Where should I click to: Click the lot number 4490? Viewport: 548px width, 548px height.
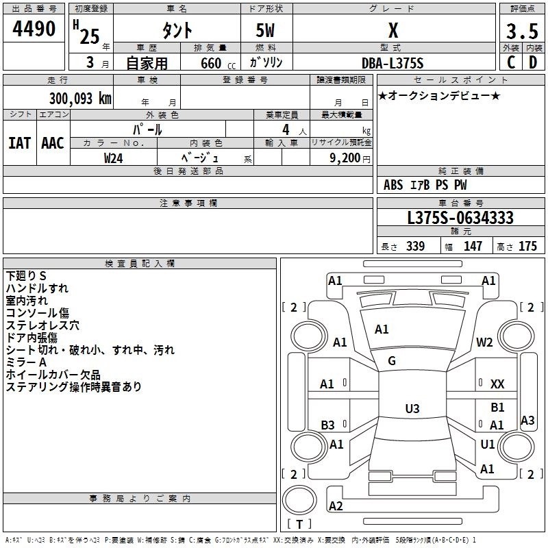click(34, 29)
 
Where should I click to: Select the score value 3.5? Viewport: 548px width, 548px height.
click(522, 31)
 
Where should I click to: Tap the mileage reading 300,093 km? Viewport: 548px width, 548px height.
click(80, 99)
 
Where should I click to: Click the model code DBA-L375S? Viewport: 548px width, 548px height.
click(393, 63)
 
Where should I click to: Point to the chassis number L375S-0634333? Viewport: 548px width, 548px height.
click(460, 218)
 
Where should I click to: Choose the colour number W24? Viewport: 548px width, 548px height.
click(113, 158)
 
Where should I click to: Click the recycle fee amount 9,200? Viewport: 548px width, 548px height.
click(345, 158)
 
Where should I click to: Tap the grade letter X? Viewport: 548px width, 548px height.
click(393, 30)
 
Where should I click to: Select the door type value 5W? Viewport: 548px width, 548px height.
click(265, 30)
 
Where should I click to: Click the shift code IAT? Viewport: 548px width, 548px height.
click(19, 143)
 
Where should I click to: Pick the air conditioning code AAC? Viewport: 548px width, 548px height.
click(53, 143)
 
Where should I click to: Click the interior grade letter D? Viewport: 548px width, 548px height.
click(533, 62)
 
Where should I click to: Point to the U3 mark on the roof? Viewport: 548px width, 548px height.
click(412, 408)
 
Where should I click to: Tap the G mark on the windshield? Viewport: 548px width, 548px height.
click(392, 361)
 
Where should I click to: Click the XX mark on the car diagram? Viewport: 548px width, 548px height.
click(497, 384)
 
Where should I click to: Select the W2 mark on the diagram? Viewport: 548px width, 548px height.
click(484, 342)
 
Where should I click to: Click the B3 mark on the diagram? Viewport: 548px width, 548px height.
click(327, 425)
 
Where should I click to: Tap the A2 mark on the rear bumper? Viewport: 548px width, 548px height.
click(336, 506)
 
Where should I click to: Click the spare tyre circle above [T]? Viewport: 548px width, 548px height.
click(299, 500)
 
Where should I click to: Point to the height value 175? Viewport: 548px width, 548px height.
click(527, 246)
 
